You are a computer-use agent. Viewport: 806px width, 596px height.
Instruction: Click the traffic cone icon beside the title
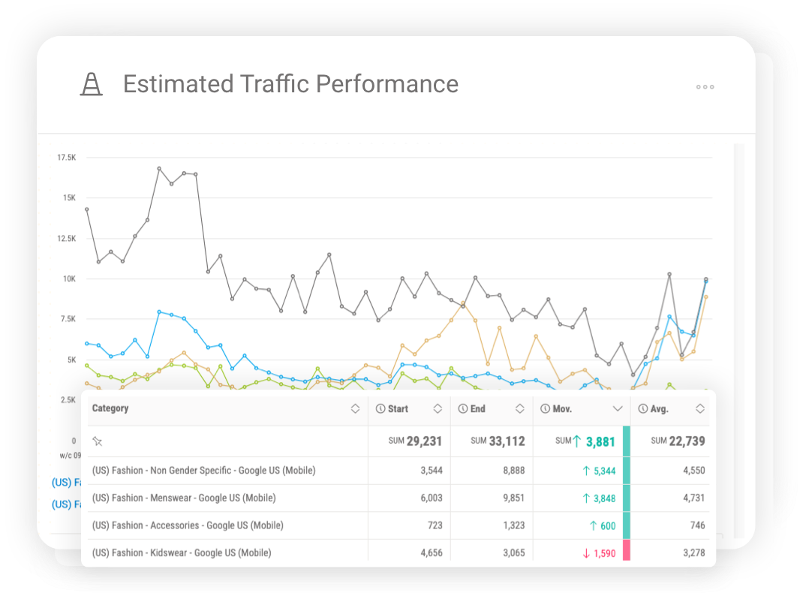coord(92,84)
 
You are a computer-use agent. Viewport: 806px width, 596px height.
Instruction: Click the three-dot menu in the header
coord(705,87)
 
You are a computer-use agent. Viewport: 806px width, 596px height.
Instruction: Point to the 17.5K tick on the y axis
coord(67,158)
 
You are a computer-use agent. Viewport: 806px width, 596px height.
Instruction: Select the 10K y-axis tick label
coord(69,278)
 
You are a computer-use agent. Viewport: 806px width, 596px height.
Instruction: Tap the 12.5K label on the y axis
coord(67,239)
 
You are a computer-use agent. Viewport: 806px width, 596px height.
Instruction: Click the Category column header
coord(110,408)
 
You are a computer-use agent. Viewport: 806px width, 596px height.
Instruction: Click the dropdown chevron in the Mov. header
coord(618,409)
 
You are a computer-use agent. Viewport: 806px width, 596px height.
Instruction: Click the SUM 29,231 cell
coord(415,441)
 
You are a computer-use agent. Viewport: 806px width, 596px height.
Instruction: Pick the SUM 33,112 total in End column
coord(498,441)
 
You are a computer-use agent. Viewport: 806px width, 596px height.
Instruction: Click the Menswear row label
coord(184,498)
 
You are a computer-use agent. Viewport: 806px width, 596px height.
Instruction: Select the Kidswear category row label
coord(182,552)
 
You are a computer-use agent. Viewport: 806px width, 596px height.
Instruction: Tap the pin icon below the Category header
coord(96,441)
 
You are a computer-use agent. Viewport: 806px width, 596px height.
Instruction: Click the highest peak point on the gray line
coord(159,169)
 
